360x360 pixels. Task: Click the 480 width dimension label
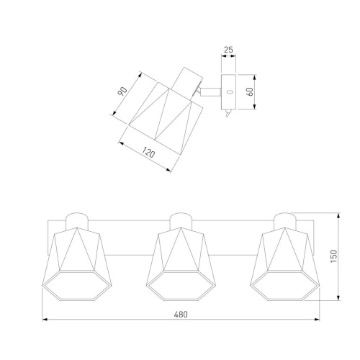(x=181, y=314)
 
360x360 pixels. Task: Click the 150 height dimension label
(x=334, y=256)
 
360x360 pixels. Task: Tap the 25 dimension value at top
(x=228, y=50)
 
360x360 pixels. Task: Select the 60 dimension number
(x=250, y=91)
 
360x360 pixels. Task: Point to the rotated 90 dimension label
(x=122, y=91)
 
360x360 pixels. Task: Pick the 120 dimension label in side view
(x=148, y=153)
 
